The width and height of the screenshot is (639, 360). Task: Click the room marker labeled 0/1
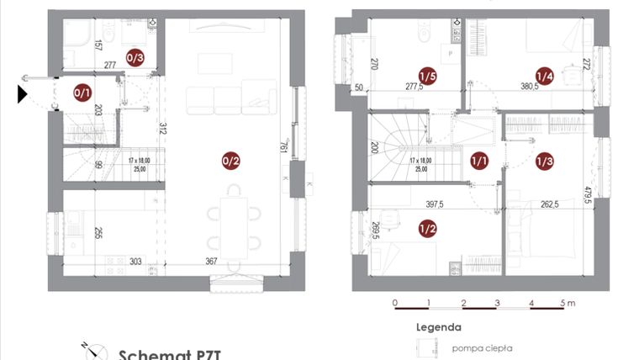click(x=82, y=93)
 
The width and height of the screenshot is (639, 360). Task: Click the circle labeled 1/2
click(x=426, y=228)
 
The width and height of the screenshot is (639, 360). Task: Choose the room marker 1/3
click(x=545, y=161)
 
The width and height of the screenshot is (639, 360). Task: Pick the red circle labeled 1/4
click(x=545, y=77)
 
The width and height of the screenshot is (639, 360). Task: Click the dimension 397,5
click(x=435, y=204)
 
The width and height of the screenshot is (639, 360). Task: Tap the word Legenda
click(x=438, y=327)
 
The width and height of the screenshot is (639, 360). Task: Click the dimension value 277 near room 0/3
click(x=109, y=65)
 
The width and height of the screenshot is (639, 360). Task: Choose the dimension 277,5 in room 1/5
click(x=413, y=87)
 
